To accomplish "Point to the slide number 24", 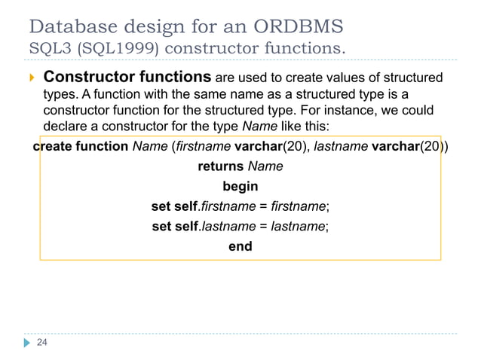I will pos(42,343).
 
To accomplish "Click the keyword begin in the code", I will pos(240,186).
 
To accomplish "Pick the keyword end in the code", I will pos(240,246).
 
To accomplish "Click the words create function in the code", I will pos(81,146).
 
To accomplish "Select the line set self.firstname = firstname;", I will pos(240,206).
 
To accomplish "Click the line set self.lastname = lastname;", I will pos(240,225).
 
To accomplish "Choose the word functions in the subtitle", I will pos(303,50).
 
